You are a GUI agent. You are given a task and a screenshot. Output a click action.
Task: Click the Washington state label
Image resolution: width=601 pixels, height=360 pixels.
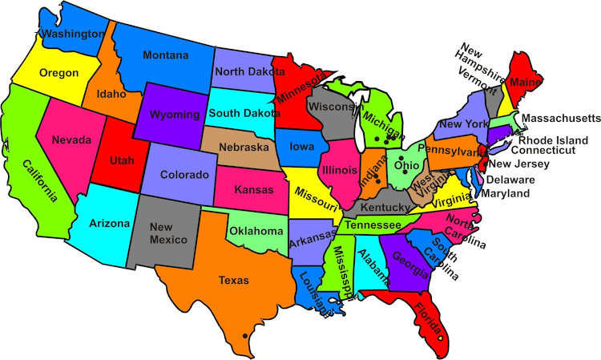[73, 34]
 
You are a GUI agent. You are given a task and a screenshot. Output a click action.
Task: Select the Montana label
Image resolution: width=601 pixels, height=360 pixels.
[166, 55]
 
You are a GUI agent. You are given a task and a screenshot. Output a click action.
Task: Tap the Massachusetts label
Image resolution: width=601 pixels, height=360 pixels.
[560, 119]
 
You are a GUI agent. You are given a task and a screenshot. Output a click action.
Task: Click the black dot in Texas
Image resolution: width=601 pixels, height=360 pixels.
[244, 335]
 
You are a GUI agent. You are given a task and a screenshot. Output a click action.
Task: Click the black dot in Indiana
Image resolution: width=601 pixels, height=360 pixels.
[377, 181]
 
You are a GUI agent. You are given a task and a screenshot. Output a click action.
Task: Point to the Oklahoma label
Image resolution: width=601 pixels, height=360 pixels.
[257, 232]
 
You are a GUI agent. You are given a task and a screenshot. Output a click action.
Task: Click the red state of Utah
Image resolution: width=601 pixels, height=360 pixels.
[110, 161]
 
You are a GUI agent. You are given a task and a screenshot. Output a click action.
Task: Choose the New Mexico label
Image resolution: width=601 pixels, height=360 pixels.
[167, 233]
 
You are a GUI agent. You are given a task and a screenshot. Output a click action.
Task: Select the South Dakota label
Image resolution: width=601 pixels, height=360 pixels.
[244, 114]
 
